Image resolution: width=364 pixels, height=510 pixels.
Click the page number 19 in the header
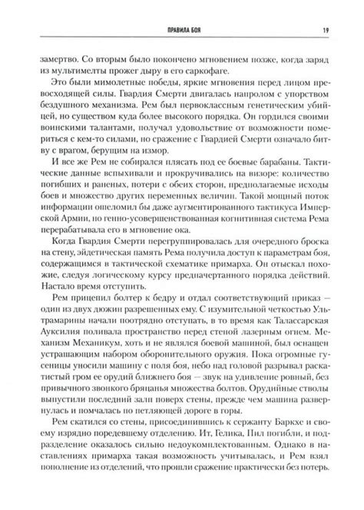click(x=326, y=10)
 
